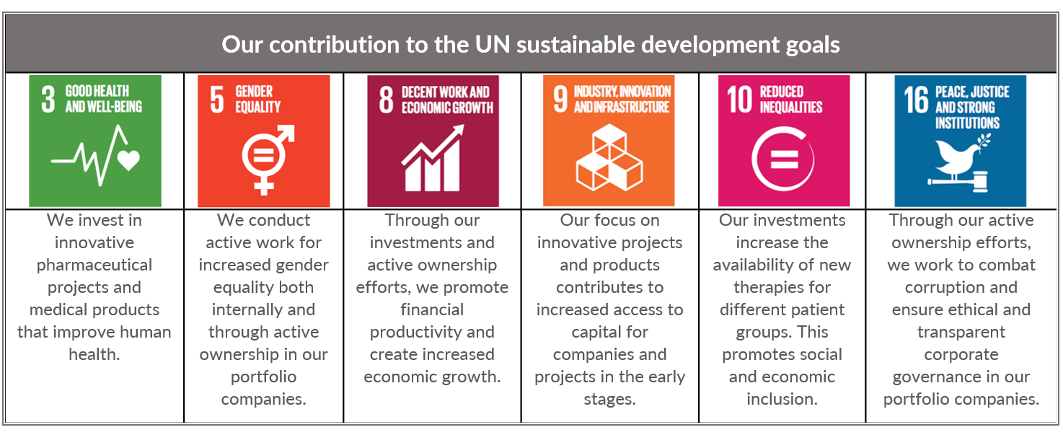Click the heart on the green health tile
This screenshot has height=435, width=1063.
pyautogui.click(x=128, y=160)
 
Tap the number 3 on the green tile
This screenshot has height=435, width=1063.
pyautogui.click(x=48, y=100)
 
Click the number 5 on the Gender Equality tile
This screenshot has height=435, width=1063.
pyautogui.click(x=217, y=100)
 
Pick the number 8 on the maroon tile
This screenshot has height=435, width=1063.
pyautogui.click(x=387, y=100)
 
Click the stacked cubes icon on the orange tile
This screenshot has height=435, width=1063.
pyautogui.click(x=609, y=157)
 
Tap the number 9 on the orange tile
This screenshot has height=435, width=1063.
pyautogui.click(x=560, y=100)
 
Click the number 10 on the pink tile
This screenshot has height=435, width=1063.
pyautogui.click(x=739, y=100)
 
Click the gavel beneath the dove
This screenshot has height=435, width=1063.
pyautogui.click(x=958, y=182)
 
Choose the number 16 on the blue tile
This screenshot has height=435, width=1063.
pyautogui.click(x=916, y=100)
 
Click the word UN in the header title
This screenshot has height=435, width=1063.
pyautogui.click(x=492, y=45)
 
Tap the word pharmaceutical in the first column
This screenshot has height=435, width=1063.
pyautogui.click(x=94, y=265)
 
